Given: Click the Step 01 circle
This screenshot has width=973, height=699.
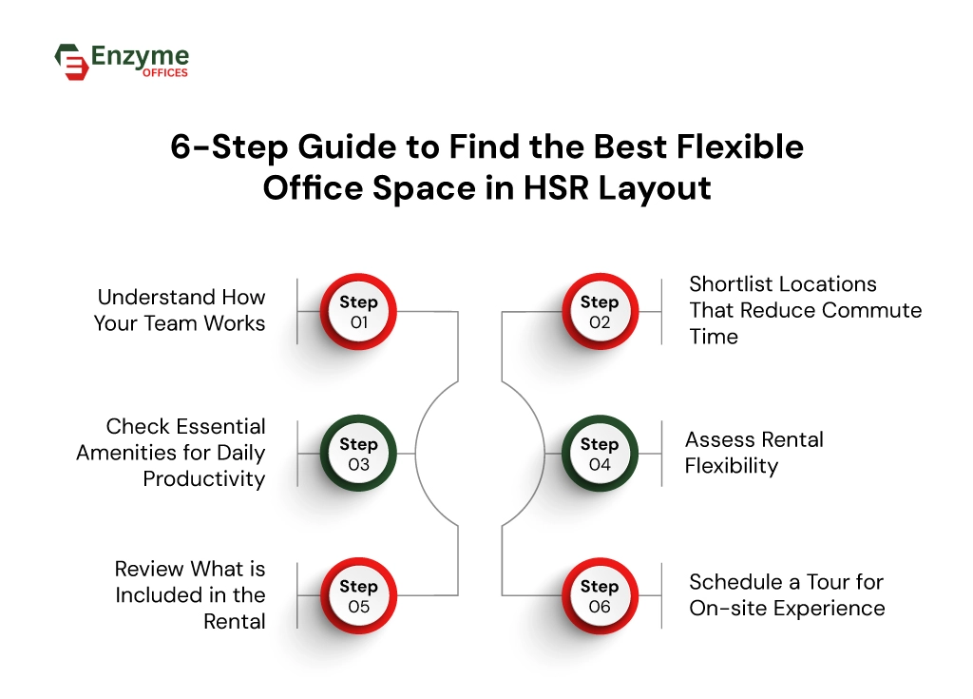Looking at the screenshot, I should tap(358, 312).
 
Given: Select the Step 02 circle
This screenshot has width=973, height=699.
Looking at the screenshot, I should tap(599, 312).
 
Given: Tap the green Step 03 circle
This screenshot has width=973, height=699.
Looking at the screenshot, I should tap(358, 454).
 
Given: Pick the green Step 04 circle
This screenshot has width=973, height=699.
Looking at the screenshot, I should tap(599, 454).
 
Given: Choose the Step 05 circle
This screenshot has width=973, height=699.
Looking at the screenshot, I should tap(358, 596).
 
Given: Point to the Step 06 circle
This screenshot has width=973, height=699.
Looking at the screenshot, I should tap(599, 596).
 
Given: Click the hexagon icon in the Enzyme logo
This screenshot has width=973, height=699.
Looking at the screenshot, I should tap(71, 62).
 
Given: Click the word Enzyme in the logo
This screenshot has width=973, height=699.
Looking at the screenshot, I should tap(140, 56).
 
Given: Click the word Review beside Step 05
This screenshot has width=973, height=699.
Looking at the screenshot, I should tap(150, 569).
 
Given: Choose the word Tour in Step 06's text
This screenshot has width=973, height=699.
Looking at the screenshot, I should tap(804, 581).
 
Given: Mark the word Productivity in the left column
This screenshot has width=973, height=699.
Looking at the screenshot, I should tap(203, 478).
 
